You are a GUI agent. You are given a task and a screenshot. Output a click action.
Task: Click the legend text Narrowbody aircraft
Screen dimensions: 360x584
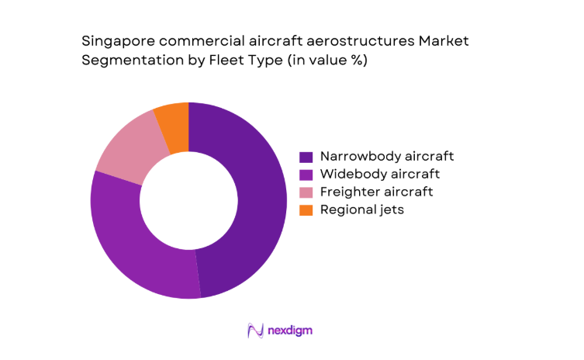click(376, 156)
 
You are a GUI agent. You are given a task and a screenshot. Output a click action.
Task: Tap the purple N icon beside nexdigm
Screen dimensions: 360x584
click(254, 331)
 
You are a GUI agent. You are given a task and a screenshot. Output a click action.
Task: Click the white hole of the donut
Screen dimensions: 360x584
click(188, 200)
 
